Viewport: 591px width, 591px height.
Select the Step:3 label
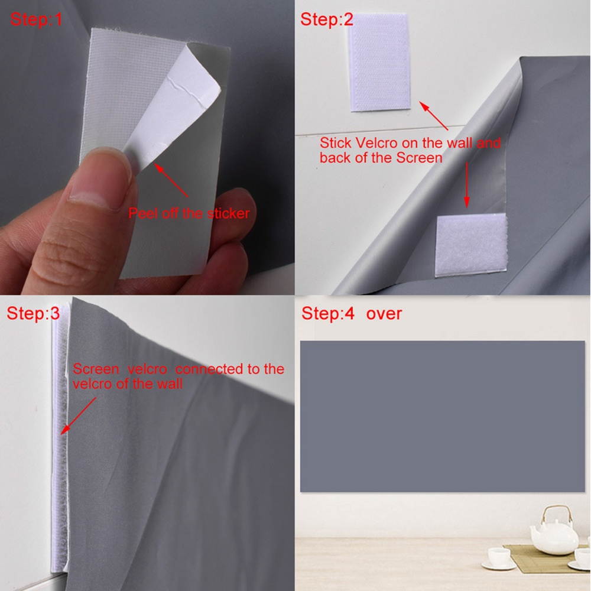click(x=33, y=313)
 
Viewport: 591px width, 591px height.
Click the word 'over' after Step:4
click(x=384, y=313)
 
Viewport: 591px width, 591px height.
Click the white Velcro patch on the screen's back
click(x=471, y=245)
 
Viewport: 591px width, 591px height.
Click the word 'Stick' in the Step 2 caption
click(x=335, y=143)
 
